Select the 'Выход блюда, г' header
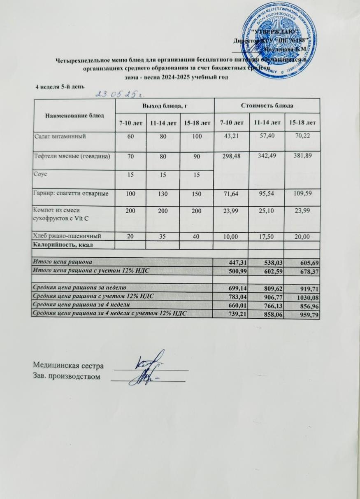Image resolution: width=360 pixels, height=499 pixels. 165,106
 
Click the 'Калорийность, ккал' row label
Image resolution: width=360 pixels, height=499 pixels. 62,245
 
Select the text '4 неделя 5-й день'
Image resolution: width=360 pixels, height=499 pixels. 60,86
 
